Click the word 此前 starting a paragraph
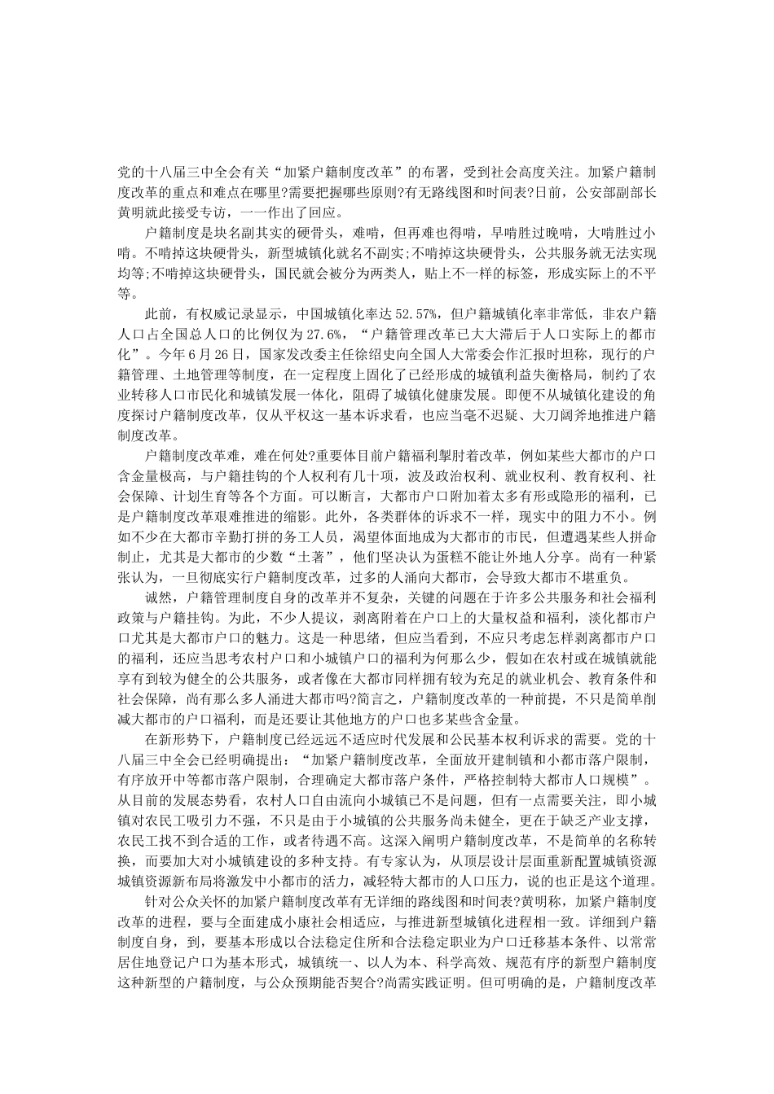coord(159,313)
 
